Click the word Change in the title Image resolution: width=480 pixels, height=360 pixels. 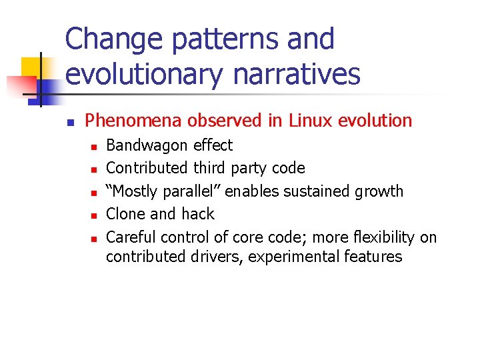[x=113, y=40]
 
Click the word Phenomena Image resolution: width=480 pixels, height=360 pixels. [x=133, y=121]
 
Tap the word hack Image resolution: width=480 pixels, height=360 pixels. [x=199, y=214]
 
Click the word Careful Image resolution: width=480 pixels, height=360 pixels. [x=131, y=237]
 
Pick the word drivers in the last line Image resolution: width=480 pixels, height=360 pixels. [x=217, y=257]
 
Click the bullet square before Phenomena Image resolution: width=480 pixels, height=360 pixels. [x=69, y=122]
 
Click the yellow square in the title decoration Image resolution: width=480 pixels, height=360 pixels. [x=32, y=67]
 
